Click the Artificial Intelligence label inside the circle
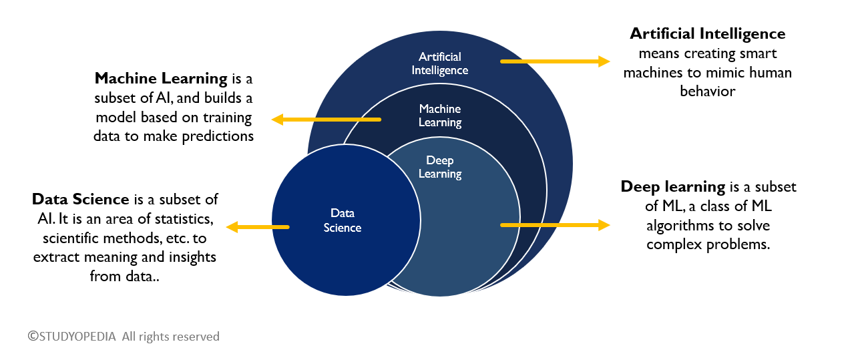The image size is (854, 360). [439, 63]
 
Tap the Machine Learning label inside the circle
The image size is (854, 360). [439, 116]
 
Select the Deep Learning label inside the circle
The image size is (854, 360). [439, 167]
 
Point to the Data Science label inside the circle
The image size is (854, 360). [342, 220]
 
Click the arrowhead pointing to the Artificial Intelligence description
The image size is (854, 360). [604, 61]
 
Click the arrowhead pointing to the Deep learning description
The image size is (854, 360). [604, 225]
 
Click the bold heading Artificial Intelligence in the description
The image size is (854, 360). [708, 33]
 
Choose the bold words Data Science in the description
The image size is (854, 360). [80, 199]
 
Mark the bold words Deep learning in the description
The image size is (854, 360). [673, 186]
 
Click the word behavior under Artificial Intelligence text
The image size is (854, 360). [708, 91]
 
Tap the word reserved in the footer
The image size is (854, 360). [195, 336]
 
